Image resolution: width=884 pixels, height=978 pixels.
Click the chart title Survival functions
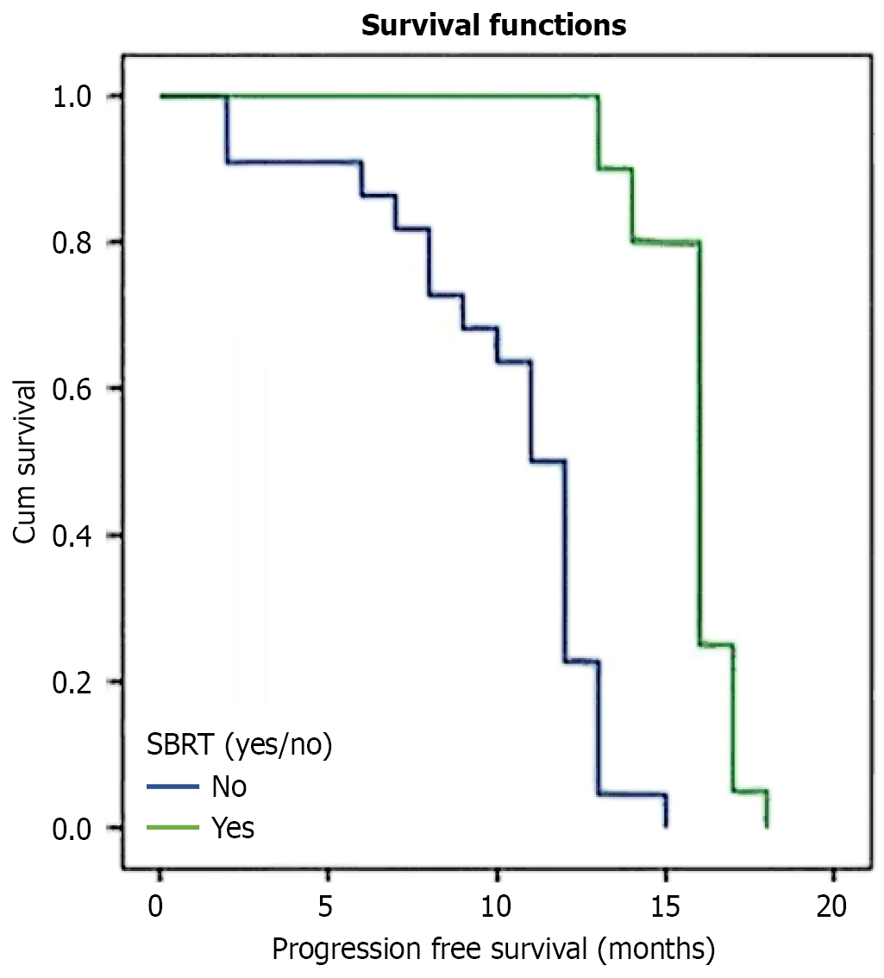[492, 26]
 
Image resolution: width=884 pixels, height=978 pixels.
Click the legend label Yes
[233, 828]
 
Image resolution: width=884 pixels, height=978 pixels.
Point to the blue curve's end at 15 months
[666, 826]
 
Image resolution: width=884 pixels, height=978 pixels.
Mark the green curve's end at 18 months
[766, 826]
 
